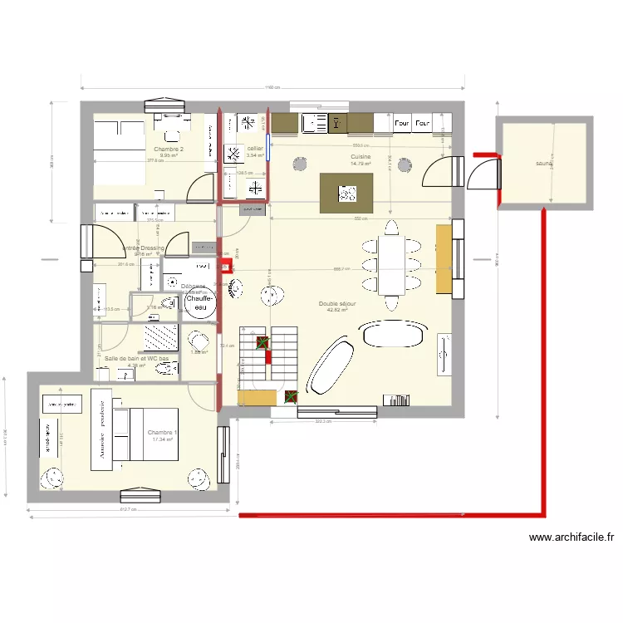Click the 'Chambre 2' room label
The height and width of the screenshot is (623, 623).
pos(169,149)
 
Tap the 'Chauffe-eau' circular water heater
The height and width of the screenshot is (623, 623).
pos(199,302)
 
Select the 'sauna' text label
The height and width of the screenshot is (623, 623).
pos(544,164)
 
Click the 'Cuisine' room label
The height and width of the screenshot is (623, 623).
pos(361,156)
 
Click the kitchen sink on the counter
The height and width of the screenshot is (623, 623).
pos(316,123)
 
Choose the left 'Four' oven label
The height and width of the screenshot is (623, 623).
pos(402,123)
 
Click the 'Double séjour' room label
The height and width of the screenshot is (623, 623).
pos(337,304)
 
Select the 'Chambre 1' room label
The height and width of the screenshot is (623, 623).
pos(161,433)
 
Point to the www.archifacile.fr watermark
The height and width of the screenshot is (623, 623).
pos(571,537)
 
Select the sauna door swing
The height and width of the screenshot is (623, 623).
pos(483,174)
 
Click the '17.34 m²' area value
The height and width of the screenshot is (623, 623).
pos(162,439)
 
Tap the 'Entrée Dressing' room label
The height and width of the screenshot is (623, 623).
pos(144,248)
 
